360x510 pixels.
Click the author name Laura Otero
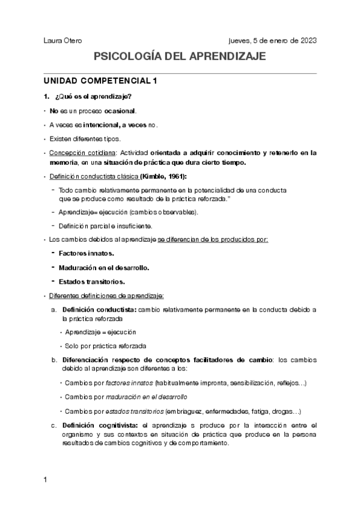pos(63,40)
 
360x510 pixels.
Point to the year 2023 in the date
pos(305,40)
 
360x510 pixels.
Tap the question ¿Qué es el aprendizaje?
pos(93,97)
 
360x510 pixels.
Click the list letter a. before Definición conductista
pos(54,309)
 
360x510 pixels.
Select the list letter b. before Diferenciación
pos(54,360)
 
